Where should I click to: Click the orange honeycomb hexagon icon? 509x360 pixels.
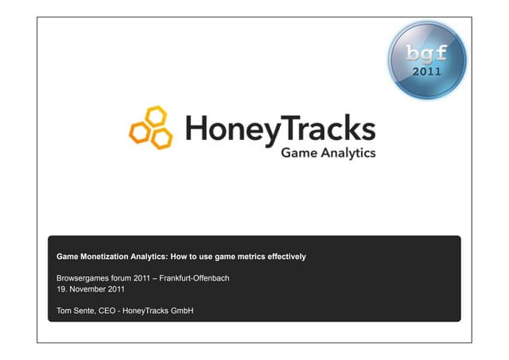click(150, 128)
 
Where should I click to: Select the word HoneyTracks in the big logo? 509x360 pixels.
click(279, 128)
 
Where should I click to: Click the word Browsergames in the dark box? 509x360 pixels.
click(84, 278)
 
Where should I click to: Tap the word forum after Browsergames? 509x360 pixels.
click(125, 278)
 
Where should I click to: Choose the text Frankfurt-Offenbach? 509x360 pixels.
click(197, 278)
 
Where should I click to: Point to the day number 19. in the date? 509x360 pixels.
click(61, 288)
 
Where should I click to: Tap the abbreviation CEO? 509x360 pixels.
click(111, 310)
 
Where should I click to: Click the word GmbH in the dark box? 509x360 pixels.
click(181, 310)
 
